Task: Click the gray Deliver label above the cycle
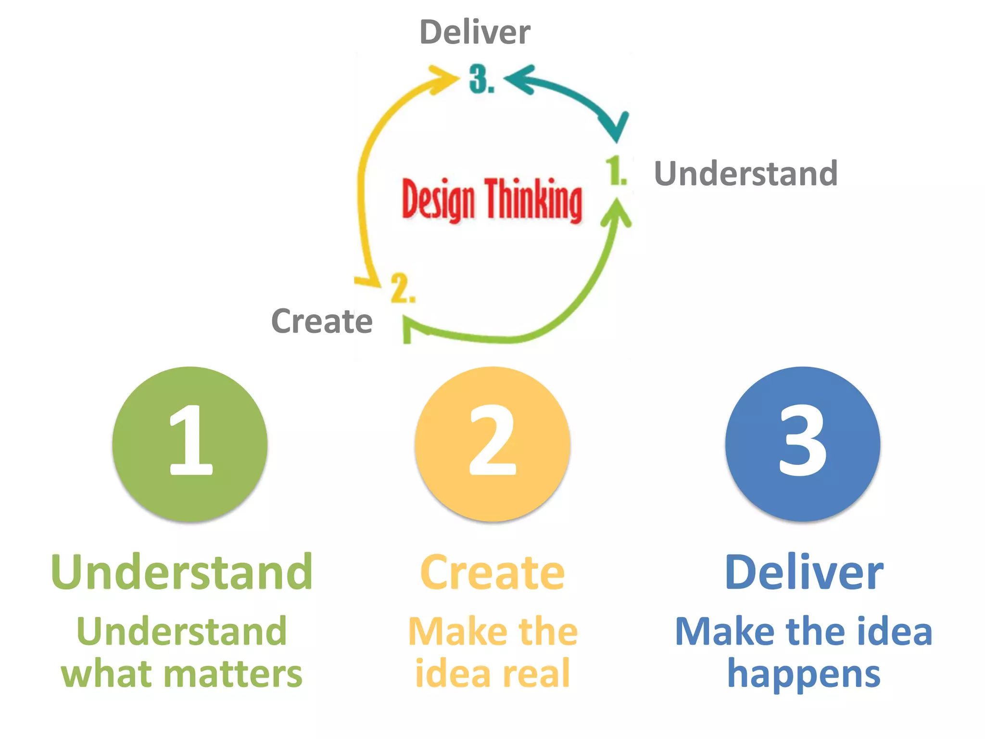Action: [x=475, y=32]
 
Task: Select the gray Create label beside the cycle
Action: [x=322, y=321]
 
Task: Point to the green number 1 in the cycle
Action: [x=615, y=170]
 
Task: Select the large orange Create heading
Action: [x=492, y=573]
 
